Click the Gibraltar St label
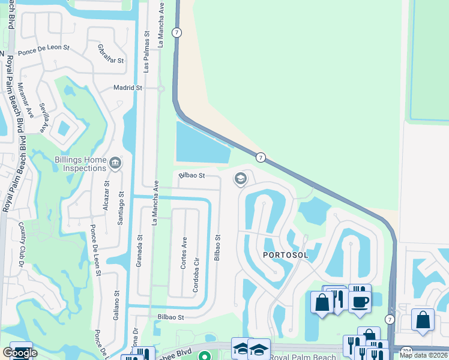110,55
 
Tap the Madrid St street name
128,88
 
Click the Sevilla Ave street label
43,116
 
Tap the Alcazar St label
107,195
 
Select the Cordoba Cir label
196,275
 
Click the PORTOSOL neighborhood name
286,255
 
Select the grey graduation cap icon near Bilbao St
241,179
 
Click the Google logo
20,353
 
